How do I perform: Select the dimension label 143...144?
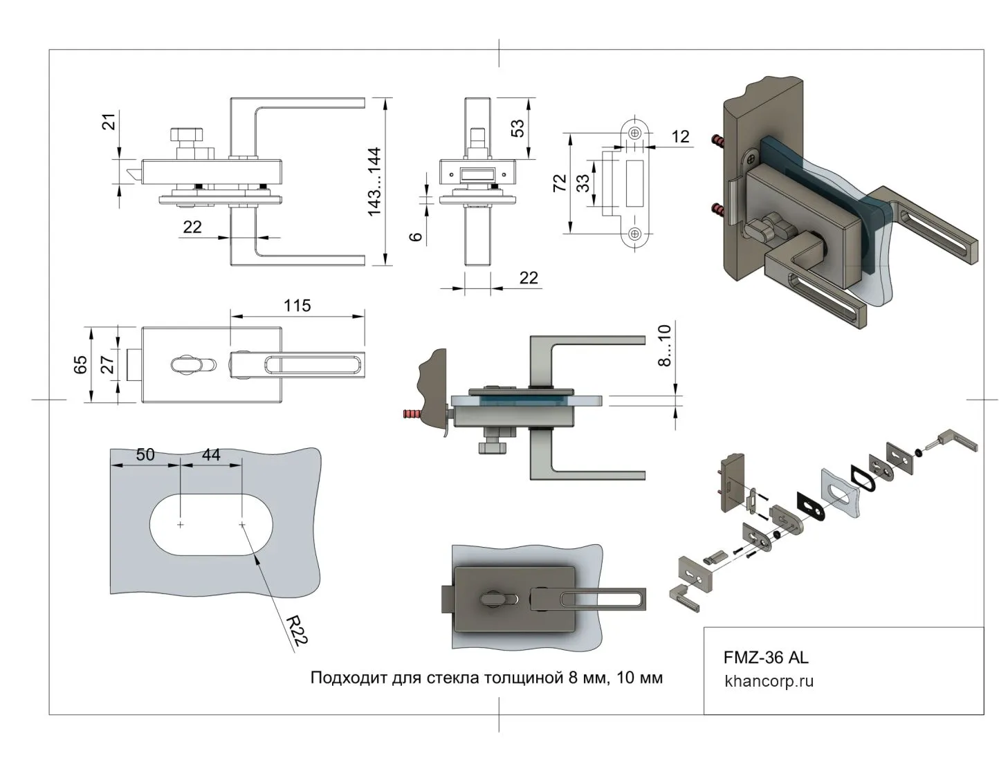374,181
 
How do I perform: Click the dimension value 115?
297,305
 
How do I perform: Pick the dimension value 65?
80,364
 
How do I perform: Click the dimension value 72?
560,183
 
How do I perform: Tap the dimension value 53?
517,129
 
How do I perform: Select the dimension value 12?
680,136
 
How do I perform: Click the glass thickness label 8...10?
664,345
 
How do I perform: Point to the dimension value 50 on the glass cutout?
145,454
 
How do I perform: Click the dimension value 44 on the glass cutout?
210,454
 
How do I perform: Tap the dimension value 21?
109,122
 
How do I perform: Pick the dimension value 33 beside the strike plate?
583,183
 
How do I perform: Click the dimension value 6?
416,236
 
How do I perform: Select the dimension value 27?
107,364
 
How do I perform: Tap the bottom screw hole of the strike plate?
635,234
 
